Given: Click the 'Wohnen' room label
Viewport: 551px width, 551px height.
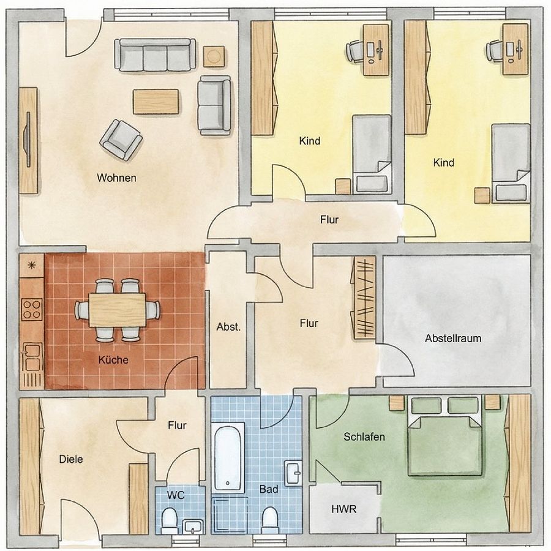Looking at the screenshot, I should click(116, 178).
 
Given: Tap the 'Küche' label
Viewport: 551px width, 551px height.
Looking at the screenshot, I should click(113, 360).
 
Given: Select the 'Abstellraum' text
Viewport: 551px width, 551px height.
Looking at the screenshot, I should click(453, 338).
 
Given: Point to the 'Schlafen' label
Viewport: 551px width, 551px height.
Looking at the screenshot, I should click(364, 437).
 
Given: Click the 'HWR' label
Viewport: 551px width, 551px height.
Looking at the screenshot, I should click(343, 509).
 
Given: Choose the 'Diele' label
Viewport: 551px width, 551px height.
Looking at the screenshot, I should click(71, 459).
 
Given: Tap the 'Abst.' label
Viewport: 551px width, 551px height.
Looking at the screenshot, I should click(228, 327).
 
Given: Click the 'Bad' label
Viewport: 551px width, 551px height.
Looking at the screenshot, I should click(269, 489).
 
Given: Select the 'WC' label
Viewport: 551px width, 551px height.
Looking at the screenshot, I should click(176, 494).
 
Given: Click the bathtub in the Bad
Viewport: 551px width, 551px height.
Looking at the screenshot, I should click(229, 455).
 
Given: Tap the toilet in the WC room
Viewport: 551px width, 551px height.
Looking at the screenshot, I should click(169, 522).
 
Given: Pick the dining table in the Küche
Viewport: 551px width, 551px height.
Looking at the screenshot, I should click(117, 310).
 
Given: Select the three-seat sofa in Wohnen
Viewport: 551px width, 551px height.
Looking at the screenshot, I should click(156, 56).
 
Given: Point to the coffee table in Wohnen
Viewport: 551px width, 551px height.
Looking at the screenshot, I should click(156, 102).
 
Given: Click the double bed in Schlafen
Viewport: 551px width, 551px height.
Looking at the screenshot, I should click(445, 435).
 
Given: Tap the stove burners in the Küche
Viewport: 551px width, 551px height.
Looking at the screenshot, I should click(32, 309).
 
